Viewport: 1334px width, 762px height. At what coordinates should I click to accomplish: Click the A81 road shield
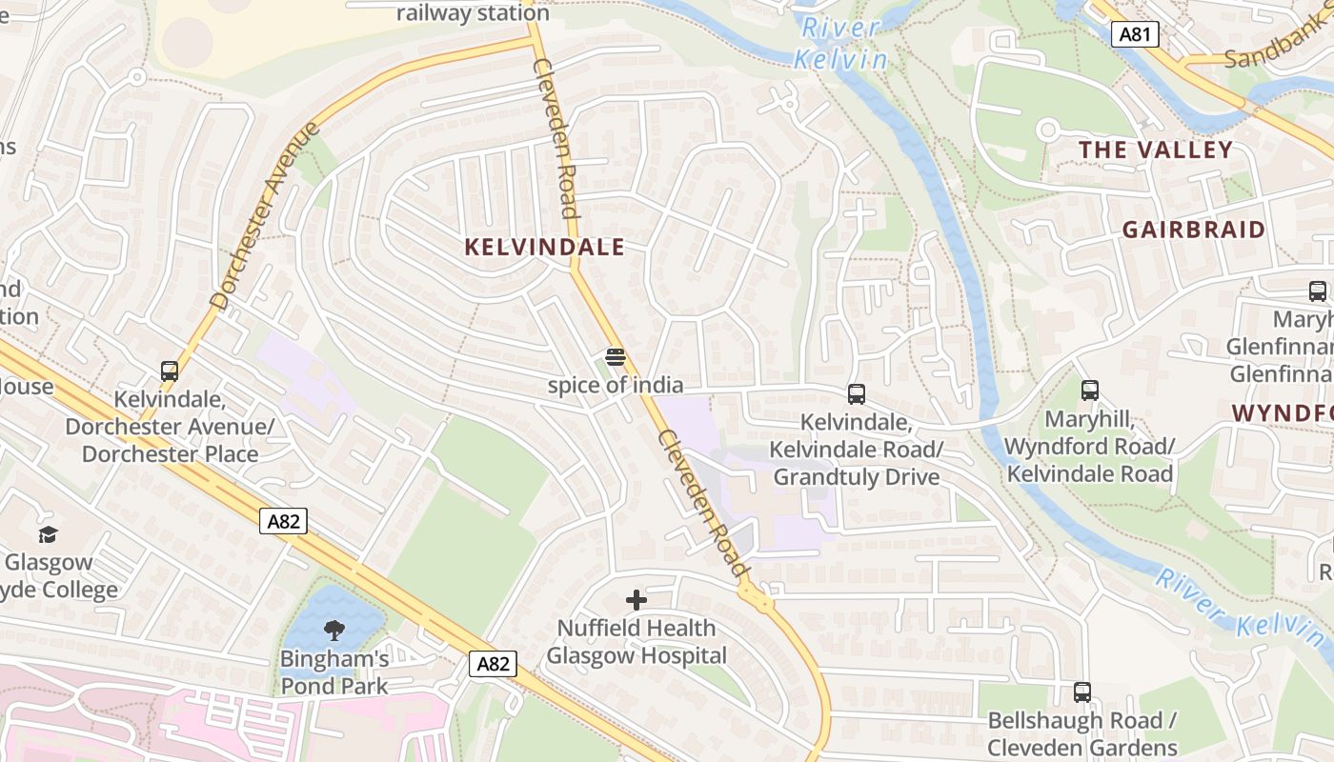[1135, 35]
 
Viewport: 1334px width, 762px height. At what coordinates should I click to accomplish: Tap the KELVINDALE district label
[544, 248]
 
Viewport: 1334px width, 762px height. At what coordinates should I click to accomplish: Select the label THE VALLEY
[1155, 150]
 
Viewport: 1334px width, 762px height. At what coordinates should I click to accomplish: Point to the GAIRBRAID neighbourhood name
[1193, 230]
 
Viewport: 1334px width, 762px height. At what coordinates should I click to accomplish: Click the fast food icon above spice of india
[616, 357]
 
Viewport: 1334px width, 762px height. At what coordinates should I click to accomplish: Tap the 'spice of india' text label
[616, 385]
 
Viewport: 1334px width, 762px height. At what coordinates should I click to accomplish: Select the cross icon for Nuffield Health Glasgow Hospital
[636, 600]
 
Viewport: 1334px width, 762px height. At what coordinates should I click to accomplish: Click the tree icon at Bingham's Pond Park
[333, 630]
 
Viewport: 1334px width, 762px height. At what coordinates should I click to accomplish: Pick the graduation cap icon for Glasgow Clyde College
[48, 534]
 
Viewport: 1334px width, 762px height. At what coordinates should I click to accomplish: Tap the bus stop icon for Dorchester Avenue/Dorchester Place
[170, 371]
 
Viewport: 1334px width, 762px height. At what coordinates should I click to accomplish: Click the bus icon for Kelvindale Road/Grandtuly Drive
[856, 393]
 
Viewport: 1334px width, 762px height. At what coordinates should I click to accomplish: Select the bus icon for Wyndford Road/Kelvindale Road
[1089, 391]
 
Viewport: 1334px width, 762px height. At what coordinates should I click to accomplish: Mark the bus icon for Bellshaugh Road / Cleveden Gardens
[1081, 692]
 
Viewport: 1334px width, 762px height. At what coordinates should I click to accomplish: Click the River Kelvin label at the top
[840, 44]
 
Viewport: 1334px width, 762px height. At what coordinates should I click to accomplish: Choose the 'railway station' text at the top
[473, 13]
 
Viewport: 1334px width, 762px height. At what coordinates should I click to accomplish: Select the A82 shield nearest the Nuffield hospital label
[493, 664]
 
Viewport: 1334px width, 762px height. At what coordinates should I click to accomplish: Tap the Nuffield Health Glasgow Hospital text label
[636, 642]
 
